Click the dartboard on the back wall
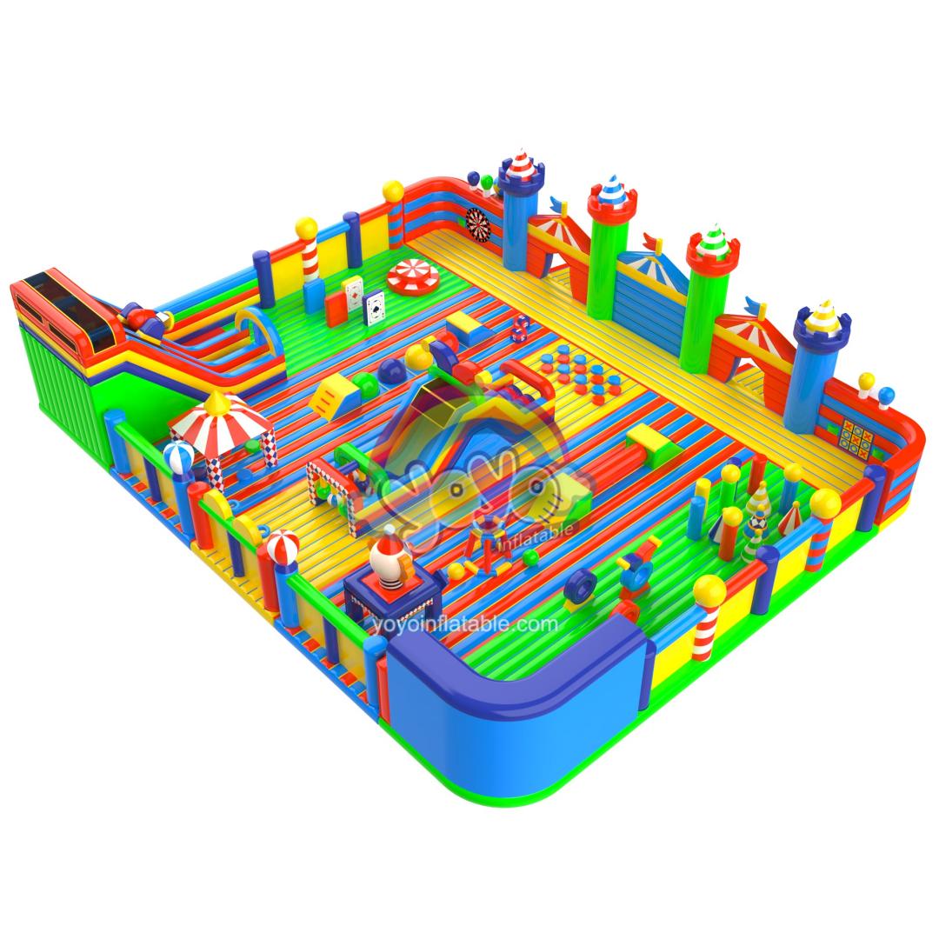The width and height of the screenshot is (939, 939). [477, 226]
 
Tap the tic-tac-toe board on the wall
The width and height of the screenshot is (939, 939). [856, 436]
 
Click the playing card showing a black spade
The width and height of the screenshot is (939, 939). [374, 307]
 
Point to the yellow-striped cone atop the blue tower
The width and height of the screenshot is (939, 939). [821, 317]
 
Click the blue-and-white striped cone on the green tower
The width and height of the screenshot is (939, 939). [611, 190]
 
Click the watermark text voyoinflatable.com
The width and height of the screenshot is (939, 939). [464, 624]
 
